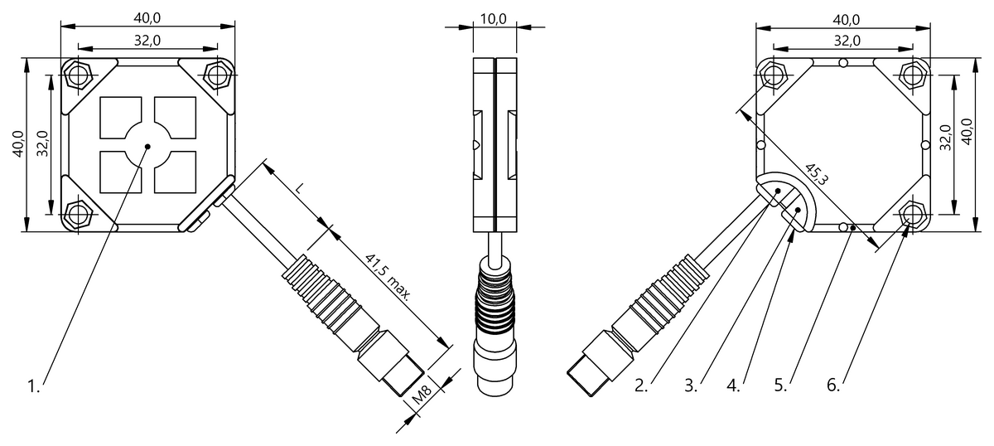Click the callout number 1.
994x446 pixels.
(x=33, y=386)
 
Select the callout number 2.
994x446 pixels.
(x=640, y=385)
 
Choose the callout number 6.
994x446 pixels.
(x=833, y=385)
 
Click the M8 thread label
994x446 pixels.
(x=425, y=400)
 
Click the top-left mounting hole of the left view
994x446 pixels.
(x=79, y=75)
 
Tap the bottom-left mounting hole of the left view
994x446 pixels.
(x=79, y=214)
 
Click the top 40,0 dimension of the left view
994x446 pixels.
(x=148, y=17)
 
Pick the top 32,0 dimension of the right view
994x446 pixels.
(x=846, y=40)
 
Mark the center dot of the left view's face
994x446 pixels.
(x=147, y=146)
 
